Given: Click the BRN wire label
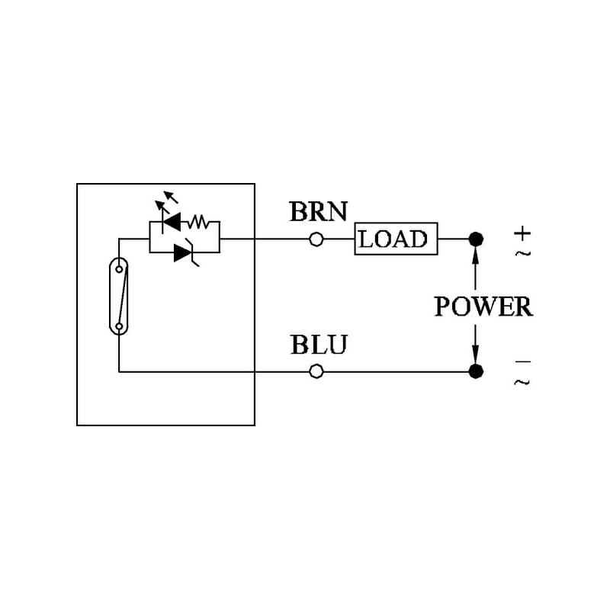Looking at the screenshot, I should [x=318, y=211].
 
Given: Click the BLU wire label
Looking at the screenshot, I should [x=318, y=345].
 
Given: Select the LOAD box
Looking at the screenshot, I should [x=396, y=239].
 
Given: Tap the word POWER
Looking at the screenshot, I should [x=483, y=307].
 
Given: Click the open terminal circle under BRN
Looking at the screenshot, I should [x=316, y=239].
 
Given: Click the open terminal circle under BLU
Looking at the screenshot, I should [x=316, y=371].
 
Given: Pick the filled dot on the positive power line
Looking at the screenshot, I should [x=476, y=239].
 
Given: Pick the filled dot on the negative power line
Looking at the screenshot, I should [x=476, y=371].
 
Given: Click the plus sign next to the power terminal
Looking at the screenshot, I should [x=522, y=232].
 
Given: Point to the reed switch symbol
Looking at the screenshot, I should [x=119, y=297].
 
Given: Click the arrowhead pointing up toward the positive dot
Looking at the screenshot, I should [x=476, y=257].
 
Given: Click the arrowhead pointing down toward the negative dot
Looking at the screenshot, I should [x=476, y=354].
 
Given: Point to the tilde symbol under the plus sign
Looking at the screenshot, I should [x=522, y=252].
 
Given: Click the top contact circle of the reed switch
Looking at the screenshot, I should [x=120, y=266].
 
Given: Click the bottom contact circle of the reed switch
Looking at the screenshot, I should [x=119, y=327].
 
